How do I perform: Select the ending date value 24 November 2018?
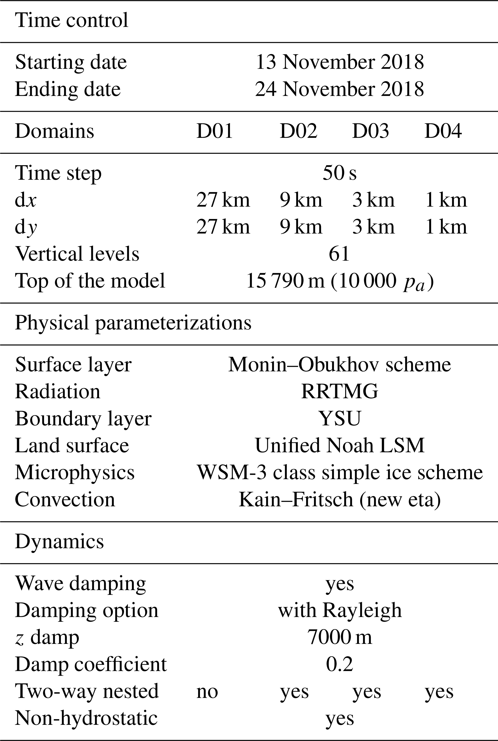tap(339, 89)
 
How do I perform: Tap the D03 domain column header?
tap(370, 131)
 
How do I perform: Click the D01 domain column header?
tap(215, 131)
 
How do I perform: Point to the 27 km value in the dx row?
tap(223, 200)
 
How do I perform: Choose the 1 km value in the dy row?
tap(446, 227)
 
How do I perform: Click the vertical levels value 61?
tap(339, 254)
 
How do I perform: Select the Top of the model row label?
tap(90, 281)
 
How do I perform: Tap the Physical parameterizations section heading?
tap(133, 323)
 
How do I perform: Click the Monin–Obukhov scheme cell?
tap(339, 364)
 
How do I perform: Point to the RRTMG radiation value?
tap(339, 391)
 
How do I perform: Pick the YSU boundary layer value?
tap(339, 418)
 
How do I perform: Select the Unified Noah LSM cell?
tap(339, 445)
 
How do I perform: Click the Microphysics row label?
tap(75, 472)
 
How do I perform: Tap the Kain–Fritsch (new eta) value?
tap(339, 499)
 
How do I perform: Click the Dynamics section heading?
tap(60, 541)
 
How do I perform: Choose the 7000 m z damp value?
tap(339, 637)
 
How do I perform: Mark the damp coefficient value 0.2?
tap(339, 664)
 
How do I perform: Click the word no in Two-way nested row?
tap(207, 691)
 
